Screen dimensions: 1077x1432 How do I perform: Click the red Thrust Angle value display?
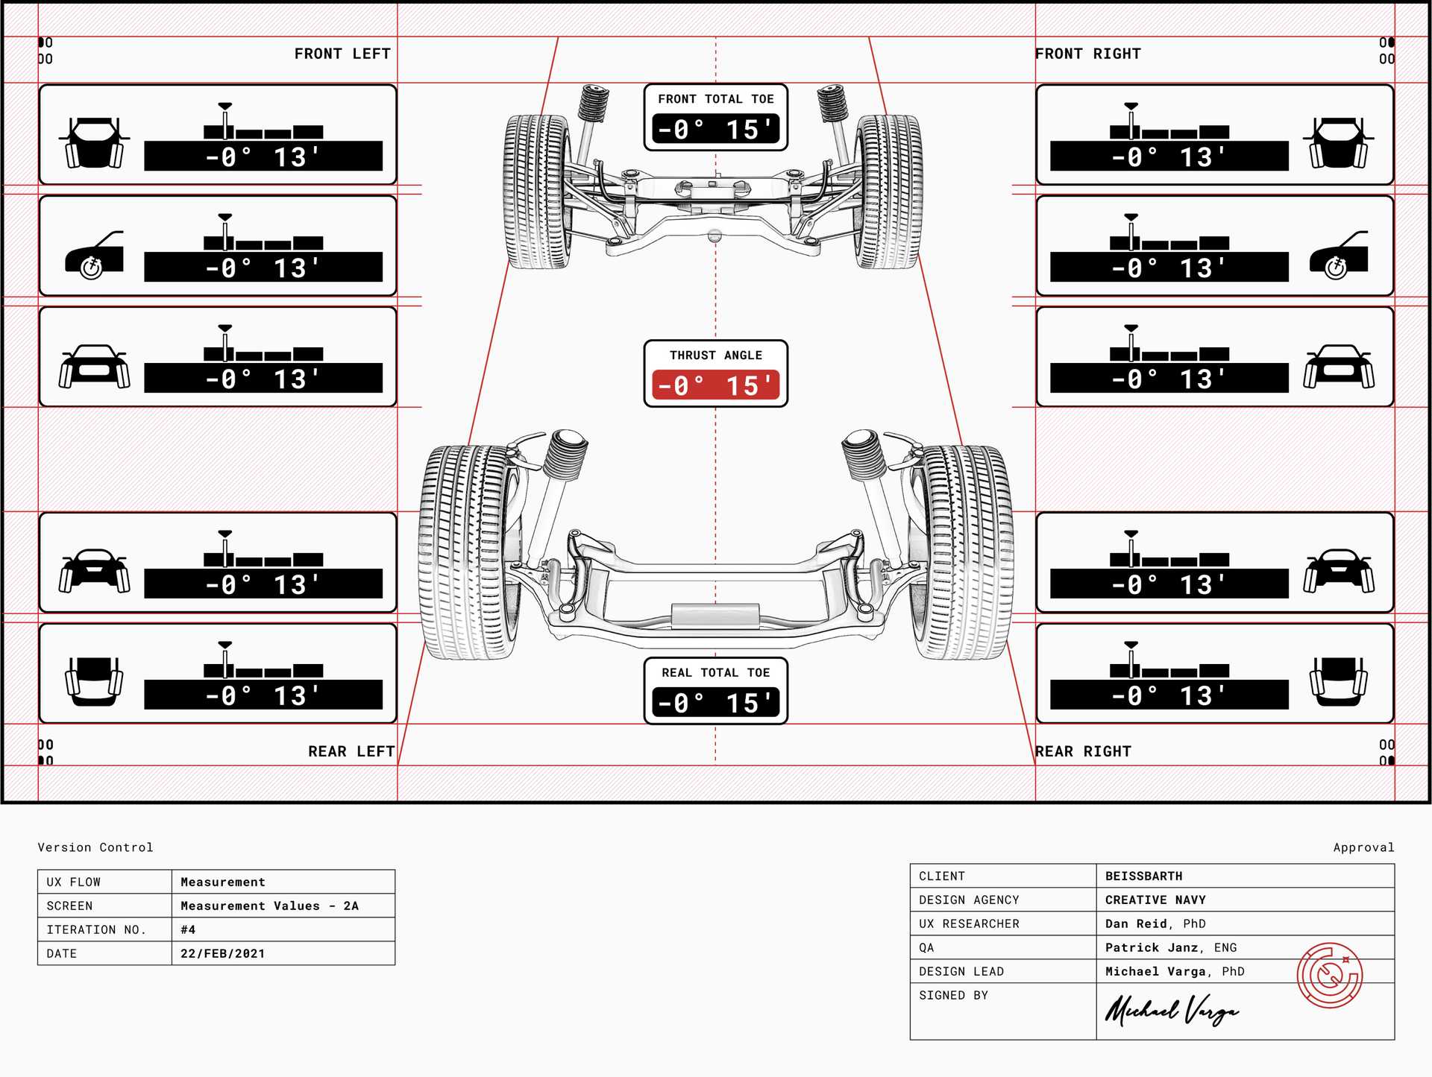click(715, 385)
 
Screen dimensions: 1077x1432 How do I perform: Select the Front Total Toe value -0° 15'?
click(715, 129)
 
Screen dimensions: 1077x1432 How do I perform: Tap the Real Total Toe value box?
click(715, 702)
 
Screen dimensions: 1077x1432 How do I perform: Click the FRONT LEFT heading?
click(342, 54)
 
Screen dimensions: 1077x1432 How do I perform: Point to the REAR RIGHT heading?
click(1083, 751)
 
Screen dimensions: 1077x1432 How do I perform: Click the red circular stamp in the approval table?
click(1329, 975)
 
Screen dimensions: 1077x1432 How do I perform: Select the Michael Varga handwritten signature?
click(1171, 1011)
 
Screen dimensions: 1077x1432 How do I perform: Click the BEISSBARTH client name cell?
click(1143, 876)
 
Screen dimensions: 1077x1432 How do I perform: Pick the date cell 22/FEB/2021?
click(222, 953)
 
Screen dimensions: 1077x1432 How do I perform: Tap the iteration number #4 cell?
click(188, 929)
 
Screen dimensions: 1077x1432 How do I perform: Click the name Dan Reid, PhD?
click(1155, 923)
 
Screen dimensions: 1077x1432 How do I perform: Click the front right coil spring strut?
click(832, 104)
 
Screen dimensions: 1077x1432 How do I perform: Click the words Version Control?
click(95, 847)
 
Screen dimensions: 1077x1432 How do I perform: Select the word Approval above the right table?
click(1363, 847)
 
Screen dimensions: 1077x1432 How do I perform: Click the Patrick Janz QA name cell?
click(1170, 947)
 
